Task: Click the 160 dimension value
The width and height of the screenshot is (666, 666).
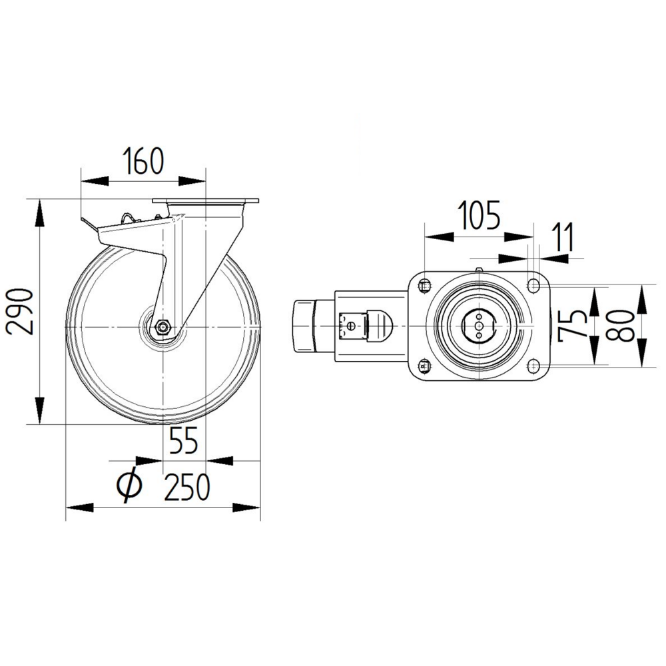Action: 143,162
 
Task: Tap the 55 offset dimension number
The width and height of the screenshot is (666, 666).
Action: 184,441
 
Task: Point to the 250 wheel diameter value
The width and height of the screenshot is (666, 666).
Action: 187,488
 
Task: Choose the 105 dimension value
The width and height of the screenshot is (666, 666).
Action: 478,217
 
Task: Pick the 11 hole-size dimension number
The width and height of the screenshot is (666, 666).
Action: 563,238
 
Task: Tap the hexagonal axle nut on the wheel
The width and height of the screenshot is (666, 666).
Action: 163,327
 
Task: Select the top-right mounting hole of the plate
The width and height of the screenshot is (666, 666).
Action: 533,286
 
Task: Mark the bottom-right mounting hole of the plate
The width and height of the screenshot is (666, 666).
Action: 533,364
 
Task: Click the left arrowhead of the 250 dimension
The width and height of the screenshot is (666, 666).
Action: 79,508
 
